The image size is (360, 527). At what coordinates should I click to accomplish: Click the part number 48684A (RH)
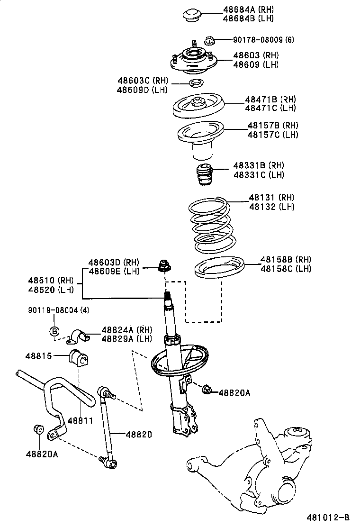point(248,9)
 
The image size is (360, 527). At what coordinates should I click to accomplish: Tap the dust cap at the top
point(193,14)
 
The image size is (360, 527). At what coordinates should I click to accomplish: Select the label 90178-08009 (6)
point(263,40)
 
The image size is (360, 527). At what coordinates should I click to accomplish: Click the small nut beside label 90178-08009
point(210,40)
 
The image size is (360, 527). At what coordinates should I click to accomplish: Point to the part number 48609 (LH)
point(255,64)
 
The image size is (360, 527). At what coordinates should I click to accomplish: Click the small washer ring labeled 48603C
point(196,84)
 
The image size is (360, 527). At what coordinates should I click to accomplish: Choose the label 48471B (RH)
point(270,100)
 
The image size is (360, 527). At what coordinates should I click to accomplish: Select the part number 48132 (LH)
point(271,207)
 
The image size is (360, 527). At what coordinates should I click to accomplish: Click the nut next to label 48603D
point(165,266)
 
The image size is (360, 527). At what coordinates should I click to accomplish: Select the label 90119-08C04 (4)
point(57,310)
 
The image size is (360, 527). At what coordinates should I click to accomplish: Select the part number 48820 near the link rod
point(139,434)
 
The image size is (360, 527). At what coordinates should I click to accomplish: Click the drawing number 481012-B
point(330,516)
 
